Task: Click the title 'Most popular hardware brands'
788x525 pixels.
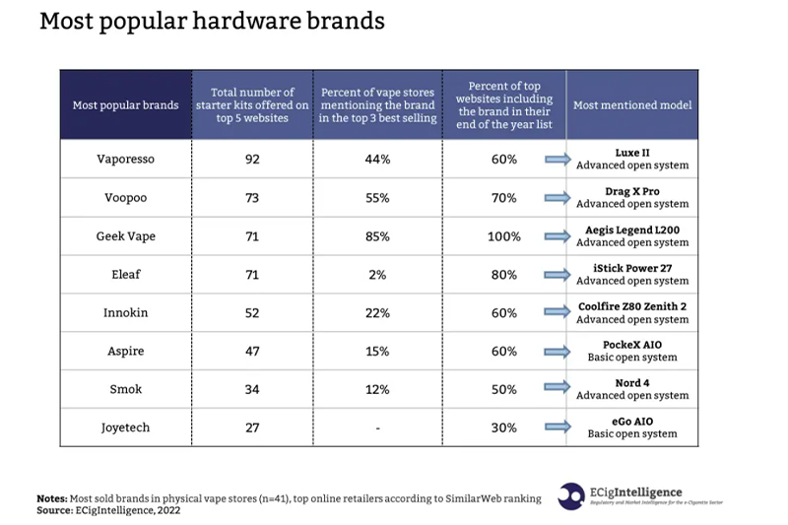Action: (x=212, y=22)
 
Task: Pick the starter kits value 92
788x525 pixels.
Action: (x=251, y=160)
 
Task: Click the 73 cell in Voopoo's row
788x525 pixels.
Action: (x=251, y=198)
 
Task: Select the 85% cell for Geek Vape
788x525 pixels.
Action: (x=377, y=236)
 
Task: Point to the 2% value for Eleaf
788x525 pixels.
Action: (x=377, y=275)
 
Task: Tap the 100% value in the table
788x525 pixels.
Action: (x=504, y=236)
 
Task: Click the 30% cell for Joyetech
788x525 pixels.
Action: (x=504, y=427)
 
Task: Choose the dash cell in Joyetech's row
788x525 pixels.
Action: (x=377, y=428)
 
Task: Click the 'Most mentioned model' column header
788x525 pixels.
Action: (x=632, y=105)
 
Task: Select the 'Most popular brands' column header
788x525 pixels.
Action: (x=125, y=105)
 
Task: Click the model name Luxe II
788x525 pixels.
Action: (x=632, y=153)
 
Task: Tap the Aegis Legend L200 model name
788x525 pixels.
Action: (x=632, y=230)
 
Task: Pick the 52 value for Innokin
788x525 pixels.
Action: (x=251, y=313)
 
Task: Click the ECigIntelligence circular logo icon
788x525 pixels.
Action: (x=570, y=495)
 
